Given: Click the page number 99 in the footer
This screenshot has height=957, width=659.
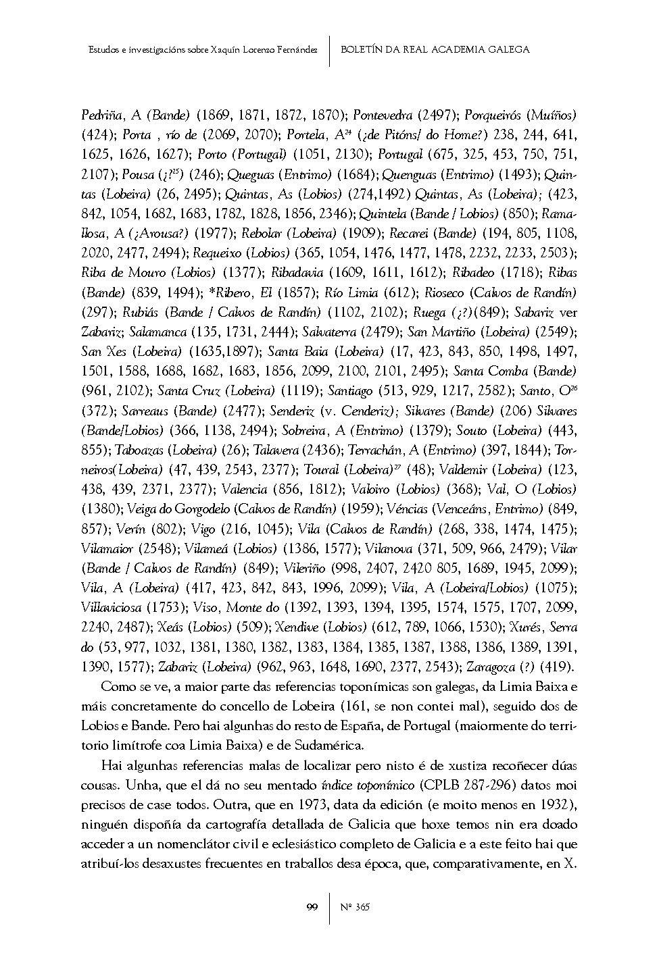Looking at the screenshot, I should coord(312,906).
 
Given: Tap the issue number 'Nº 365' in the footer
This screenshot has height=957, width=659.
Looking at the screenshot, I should coord(356,906).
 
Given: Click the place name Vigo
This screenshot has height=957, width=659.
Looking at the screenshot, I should coord(203,528).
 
